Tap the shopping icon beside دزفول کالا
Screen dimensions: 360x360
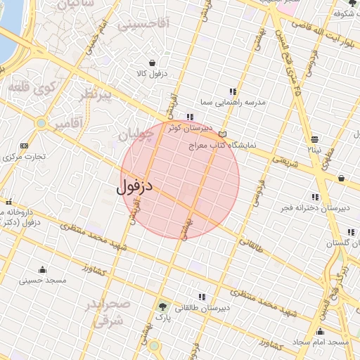click(x=152, y=63)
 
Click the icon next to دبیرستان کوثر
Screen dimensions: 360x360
click(x=190, y=117)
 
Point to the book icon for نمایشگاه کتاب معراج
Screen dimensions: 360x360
click(x=223, y=134)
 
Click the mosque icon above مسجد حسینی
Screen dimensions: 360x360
click(x=42, y=269)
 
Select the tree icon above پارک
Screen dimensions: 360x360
click(x=163, y=306)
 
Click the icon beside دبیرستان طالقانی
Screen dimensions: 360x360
click(x=202, y=297)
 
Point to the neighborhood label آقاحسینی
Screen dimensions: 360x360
click(x=143, y=25)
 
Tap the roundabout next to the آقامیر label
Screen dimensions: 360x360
click(x=41, y=123)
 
